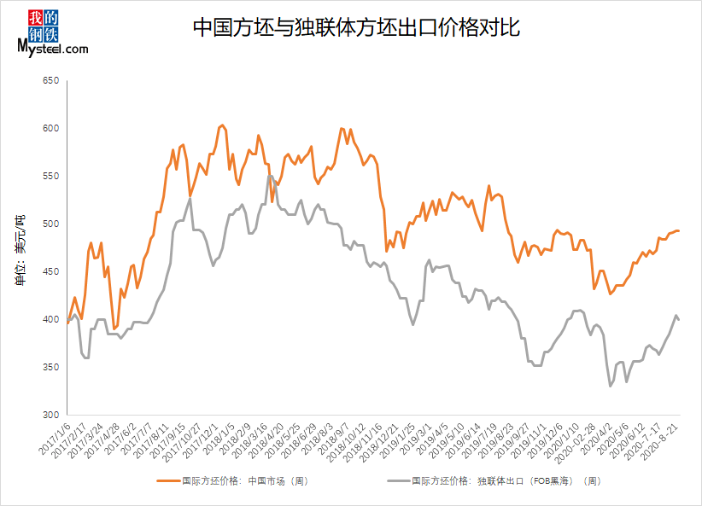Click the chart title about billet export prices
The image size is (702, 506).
click(x=356, y=28)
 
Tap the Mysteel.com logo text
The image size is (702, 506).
click(x=52, y=49)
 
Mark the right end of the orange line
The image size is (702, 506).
click(x=678, y=230)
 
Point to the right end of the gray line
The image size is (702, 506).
click(x=678, y=319)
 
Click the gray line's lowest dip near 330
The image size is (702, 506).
click(x=611, y=386)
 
